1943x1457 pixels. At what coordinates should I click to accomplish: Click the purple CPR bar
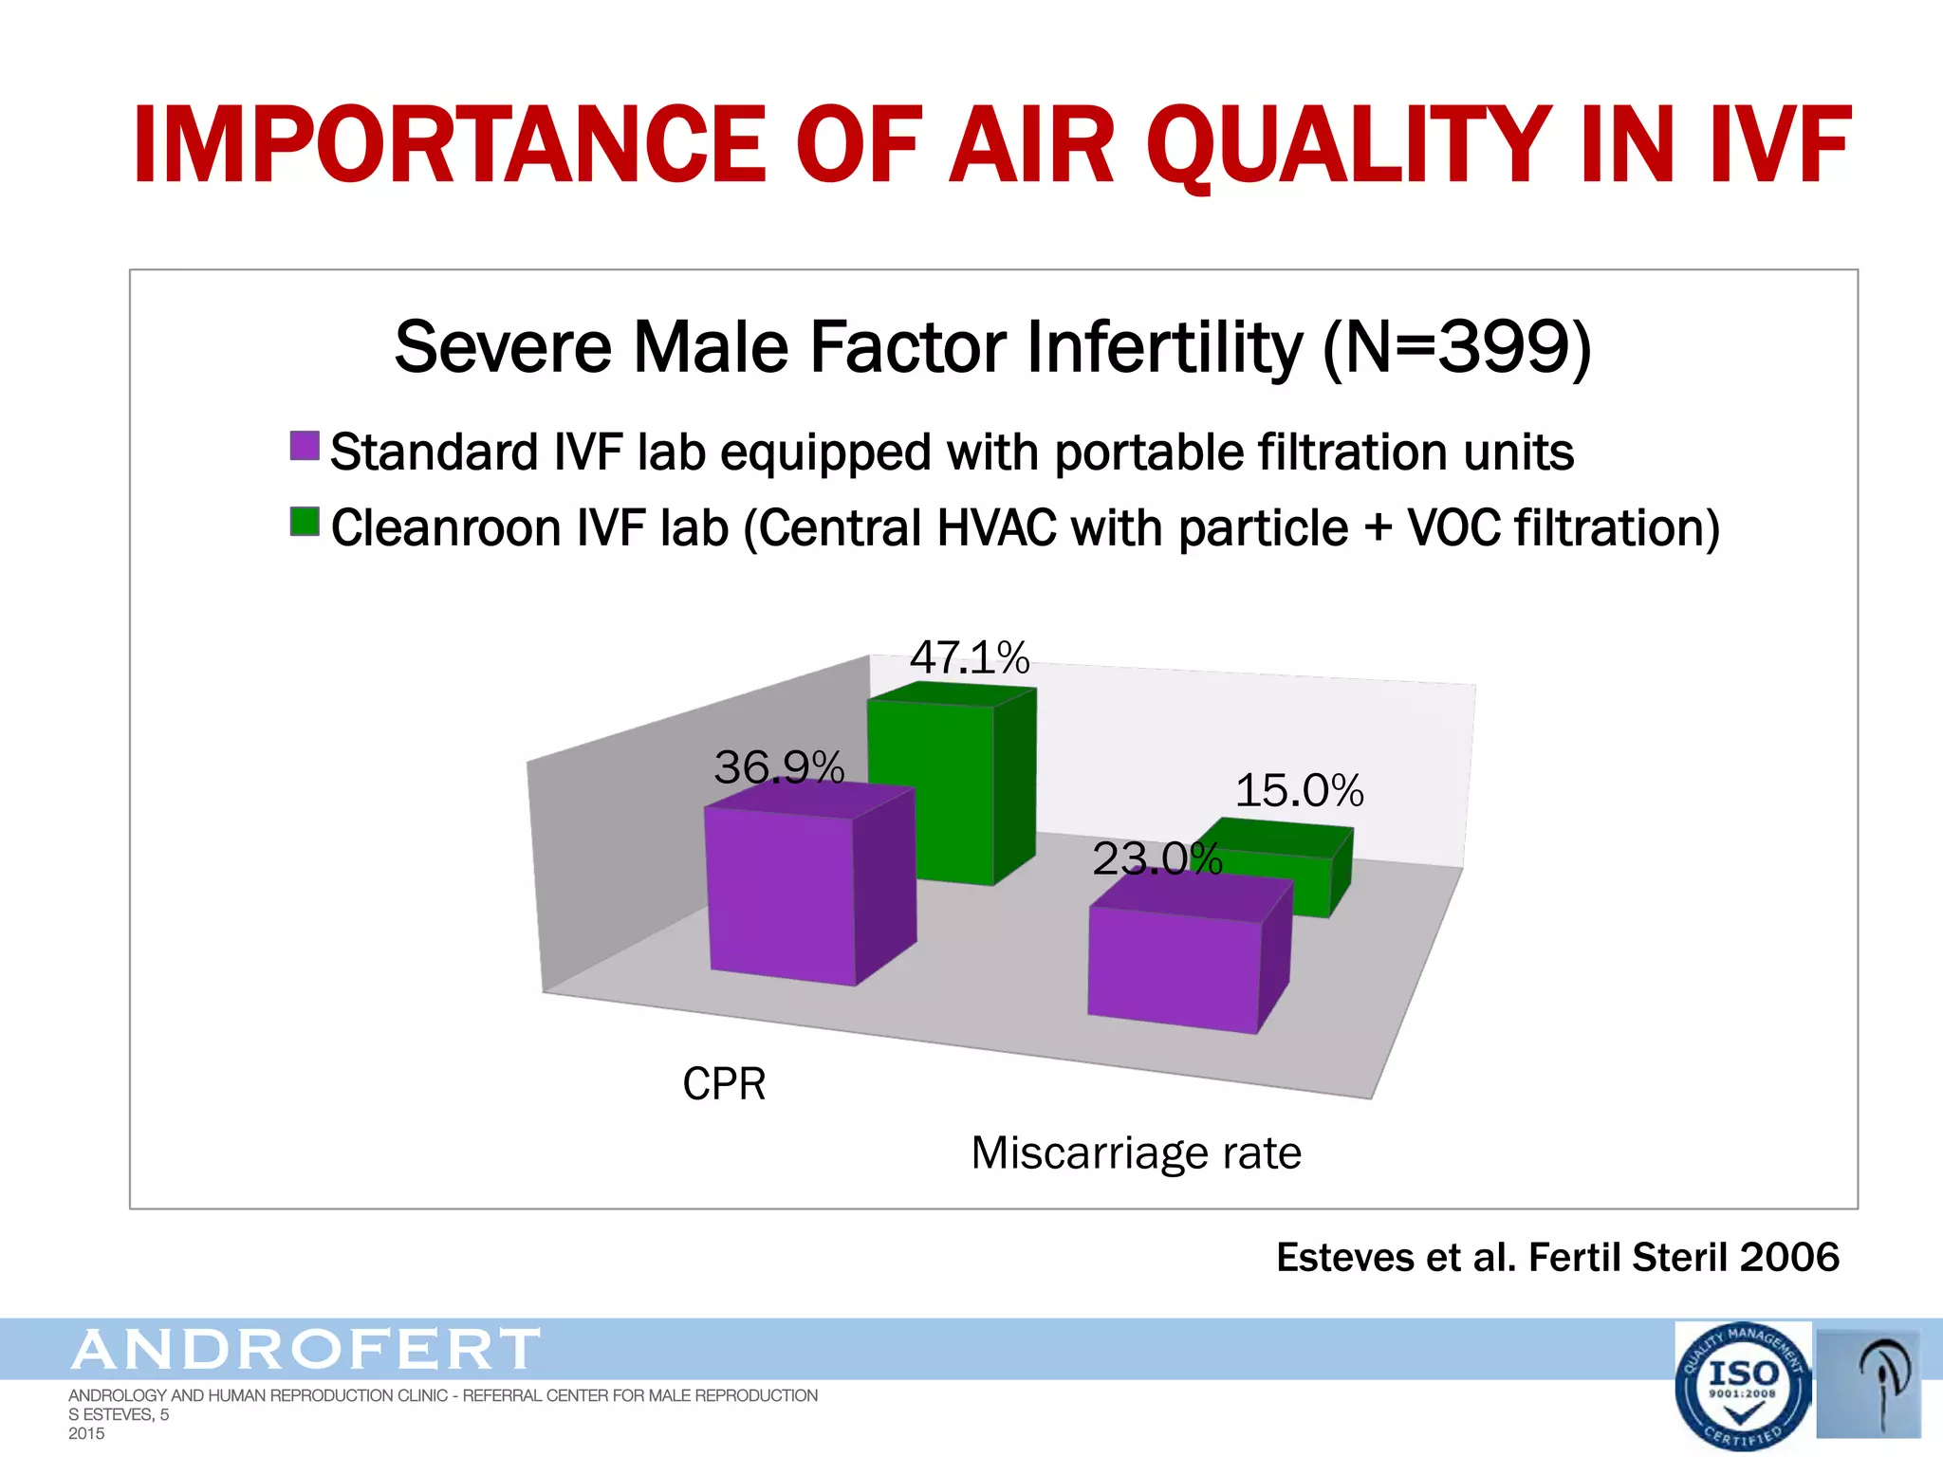point(780,896)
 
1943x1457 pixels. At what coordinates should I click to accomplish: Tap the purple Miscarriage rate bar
point(1174,968)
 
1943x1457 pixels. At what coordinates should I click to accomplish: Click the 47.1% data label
point(969,657)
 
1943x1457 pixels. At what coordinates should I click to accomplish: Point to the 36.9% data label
point(778,766)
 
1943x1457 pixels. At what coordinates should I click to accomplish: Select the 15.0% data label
point(1299,790)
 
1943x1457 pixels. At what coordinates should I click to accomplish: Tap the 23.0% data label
point(1156,858)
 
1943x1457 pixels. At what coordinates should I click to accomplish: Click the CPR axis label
point(724,1083)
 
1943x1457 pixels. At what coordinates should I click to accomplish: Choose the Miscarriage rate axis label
point(1136,1153)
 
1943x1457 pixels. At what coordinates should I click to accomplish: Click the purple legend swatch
point(305,446)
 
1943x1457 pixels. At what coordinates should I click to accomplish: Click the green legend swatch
point(305,522)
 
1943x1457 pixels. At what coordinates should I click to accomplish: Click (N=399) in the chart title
point(1456,347)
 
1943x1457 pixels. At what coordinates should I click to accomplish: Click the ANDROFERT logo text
point(305,1350)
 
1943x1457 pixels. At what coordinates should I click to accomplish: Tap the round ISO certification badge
point(1742,1386)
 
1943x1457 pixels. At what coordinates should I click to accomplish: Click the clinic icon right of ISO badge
point(1868,1382)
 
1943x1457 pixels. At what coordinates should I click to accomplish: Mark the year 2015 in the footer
point(86,1433)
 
